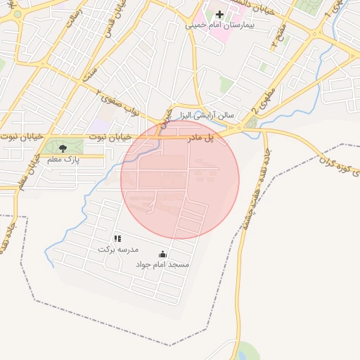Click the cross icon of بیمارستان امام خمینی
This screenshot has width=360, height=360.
click(x=219, y=14)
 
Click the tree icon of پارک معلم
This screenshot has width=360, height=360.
click(x=64, y=148)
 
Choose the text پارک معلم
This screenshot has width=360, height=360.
click(x=64, y=160)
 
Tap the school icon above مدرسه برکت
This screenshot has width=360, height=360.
click(x=117, y=239)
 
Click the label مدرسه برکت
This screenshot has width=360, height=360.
click(x=118, y=250)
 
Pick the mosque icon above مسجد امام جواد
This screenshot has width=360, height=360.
click(x=162, y=254)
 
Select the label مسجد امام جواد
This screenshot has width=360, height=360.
click(x=162, y=264)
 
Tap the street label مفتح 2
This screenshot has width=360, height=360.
click(x=279, y=35)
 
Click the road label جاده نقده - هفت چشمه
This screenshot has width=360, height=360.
click(x=250, y=189)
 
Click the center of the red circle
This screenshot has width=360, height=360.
click(x=180, y=179)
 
